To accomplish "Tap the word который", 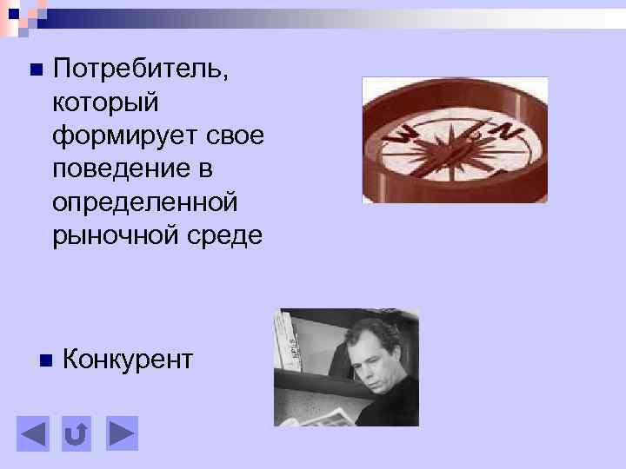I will (x=107, y=102).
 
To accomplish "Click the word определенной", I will (x=144, y=201).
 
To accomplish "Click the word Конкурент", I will (x=129, y=360).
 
